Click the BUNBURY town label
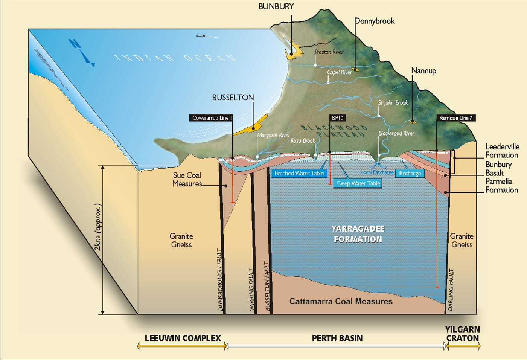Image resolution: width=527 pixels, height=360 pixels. (276, 6)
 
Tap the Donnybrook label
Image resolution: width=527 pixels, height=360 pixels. (375, 21)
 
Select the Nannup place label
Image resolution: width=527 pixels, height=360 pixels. (423, 71)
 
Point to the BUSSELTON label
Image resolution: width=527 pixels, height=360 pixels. (233, 98)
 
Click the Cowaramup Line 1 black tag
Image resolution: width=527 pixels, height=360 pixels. (211, 118)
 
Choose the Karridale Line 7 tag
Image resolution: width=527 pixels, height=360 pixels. (455, 118)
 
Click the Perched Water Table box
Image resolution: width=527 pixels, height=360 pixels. (299, 173)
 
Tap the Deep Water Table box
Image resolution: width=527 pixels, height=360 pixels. (358, 183)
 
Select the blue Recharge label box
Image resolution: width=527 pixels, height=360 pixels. (410, 173)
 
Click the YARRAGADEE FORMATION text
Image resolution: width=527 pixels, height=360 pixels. (358, 234)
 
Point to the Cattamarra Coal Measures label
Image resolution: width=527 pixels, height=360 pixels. (341, 301)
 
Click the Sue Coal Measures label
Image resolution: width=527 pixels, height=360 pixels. (187, 179)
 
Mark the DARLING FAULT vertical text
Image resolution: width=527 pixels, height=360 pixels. (451, 290)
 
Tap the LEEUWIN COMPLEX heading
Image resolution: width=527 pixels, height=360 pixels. (183, 338)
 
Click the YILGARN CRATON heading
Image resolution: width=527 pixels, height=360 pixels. (462, 334)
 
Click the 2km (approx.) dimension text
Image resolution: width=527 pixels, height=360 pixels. (99, 227)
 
